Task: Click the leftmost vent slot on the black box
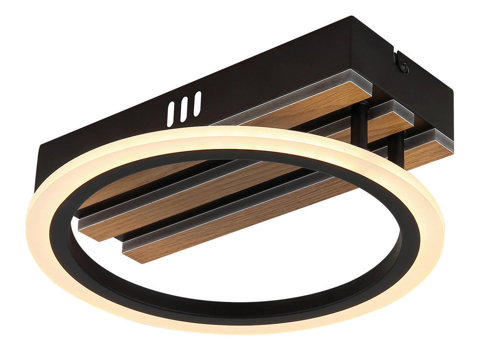[x=170, y=114]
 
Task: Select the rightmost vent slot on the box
[x=197, y=104]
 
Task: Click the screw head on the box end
[x=405, y=67]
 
